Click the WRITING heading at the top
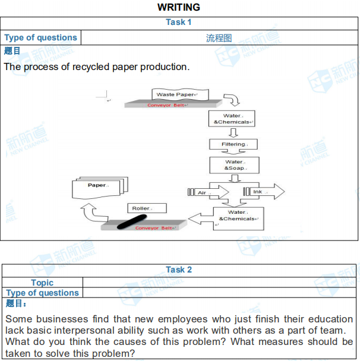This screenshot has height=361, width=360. (179, 7)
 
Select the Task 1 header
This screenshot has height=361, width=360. (179, 22)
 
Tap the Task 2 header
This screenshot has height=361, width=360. (179, 270)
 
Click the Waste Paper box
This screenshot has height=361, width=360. (175, 94)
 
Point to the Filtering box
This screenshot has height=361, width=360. (233, 144)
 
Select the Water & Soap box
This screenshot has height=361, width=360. (235, 164)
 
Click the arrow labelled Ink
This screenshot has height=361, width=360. (264, 192)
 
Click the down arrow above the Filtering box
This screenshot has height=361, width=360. (233, 132)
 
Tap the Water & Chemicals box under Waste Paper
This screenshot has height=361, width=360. (232, 119)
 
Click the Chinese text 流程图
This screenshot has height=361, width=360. (219, 38)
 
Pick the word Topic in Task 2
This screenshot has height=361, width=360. (42, 283)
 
